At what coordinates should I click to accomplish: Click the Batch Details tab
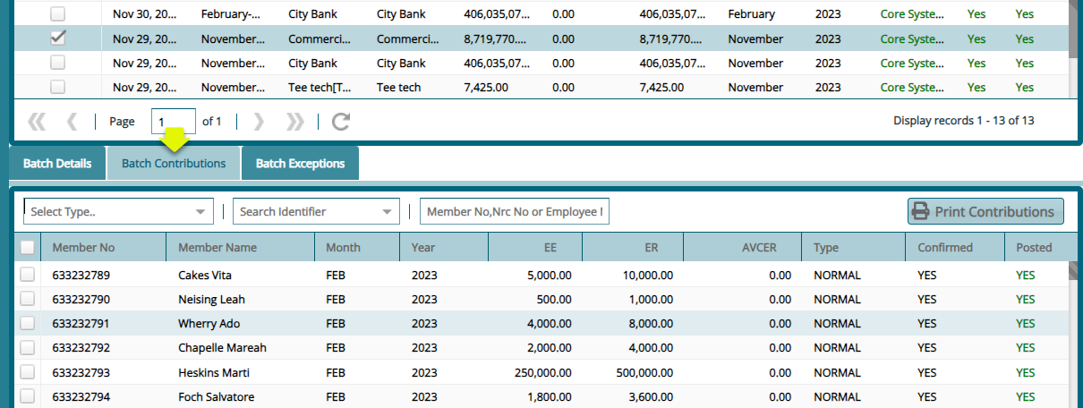pos(57,164)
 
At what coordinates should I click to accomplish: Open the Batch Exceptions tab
pos(300,164)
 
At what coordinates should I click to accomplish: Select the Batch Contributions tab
pos(174,164)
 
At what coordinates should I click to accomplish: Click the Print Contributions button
pos(985,212)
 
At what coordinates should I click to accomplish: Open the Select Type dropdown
pos(118,212)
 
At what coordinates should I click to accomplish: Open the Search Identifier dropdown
pos(316,212)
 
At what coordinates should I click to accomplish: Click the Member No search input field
pos(515,212)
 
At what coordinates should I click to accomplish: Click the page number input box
pos(173,122)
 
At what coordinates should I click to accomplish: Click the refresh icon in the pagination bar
pos(340,122)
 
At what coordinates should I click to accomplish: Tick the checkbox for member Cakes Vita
pos(28,275)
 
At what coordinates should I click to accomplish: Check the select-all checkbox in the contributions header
pos(28,248)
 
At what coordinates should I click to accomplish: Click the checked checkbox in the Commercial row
pos(57,38)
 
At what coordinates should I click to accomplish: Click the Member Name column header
pos(217,248)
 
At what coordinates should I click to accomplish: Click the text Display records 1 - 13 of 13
pos(963,121)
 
